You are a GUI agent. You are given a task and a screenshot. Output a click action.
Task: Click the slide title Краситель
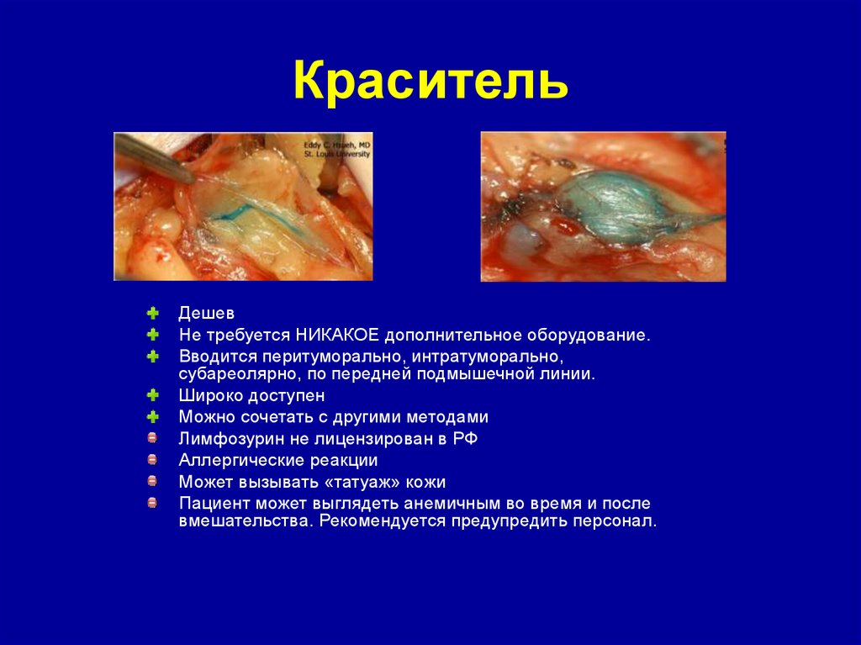(430, 82)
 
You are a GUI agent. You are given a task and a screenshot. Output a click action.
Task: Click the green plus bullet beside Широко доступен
(152, 395)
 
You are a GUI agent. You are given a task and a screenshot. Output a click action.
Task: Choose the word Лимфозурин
(222, 438)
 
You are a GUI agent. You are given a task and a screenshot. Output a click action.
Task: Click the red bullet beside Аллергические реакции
(152, 460)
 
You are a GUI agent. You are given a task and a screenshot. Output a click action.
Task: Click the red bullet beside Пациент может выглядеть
(152, 503)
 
